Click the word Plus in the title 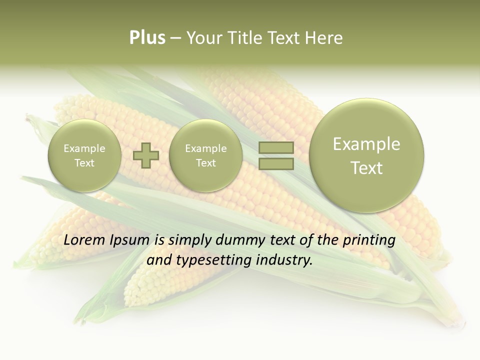[x=147, y=38]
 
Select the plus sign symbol [x=146, y=155]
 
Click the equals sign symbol [x=276, y=155]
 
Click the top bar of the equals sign [x=276, y=148]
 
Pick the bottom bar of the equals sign [x=276, y=163]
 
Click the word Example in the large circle [x=366, y=144]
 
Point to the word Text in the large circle [x=366, y=168]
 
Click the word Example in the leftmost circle [x=84, y=148]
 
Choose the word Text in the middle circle [x=206, y=163]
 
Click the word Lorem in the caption [x=85, y=240]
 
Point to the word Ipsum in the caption [x=130, y=240]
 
